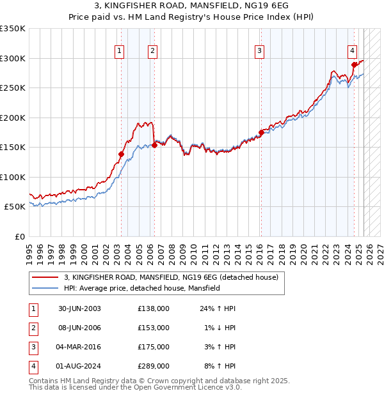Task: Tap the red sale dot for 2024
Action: point(354,65)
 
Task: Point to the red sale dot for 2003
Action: point(121,154)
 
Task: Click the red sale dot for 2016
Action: point(260,132)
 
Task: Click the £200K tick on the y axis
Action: point(13,118)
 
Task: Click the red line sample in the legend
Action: point(44,278)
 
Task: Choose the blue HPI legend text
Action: point(141,288)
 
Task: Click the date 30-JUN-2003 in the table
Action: point(79,308)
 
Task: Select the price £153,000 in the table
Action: point(153,328)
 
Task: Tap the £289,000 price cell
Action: point(153,366)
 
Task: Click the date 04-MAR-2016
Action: point(79,347)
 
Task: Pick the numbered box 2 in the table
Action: point(33,328)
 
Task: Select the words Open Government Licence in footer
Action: point(177,387)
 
